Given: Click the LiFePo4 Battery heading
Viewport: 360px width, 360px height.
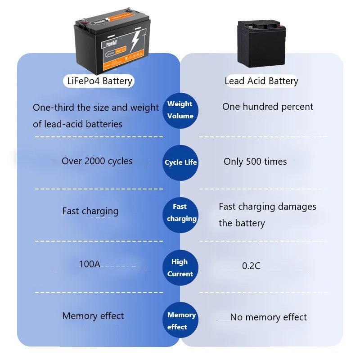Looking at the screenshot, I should pos(99,81).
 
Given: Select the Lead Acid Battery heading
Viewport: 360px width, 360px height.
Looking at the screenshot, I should pos(261,81).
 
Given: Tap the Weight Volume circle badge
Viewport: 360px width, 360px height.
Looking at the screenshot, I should pos(180,110).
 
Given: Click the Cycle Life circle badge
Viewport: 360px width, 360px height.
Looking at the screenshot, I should pos(180,162).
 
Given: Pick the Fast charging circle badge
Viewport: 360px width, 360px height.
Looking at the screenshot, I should pos(180,213).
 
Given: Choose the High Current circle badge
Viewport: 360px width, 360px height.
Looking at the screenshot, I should pos(180,268).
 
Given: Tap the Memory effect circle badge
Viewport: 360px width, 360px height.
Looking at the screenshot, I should pos(180,320).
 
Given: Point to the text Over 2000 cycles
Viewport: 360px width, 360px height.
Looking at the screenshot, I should pos(97,161).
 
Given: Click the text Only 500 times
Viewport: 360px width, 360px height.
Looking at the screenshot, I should pos(255,162).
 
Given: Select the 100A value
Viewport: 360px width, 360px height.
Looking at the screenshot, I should pos(90,264).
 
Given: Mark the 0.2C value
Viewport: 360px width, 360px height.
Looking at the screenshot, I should pos(251,266).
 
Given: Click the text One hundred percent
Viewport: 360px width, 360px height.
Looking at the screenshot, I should pos(268,107).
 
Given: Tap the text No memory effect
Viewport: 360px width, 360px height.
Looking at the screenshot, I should pos(268,317).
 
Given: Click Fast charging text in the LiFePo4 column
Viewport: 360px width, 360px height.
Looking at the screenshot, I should pos(90,211).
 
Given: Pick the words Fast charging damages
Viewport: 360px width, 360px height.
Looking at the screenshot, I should pos(267,207).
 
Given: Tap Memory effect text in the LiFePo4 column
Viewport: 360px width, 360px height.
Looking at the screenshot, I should pos(93,316).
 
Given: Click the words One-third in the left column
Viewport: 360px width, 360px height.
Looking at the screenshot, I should pos(53,108).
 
